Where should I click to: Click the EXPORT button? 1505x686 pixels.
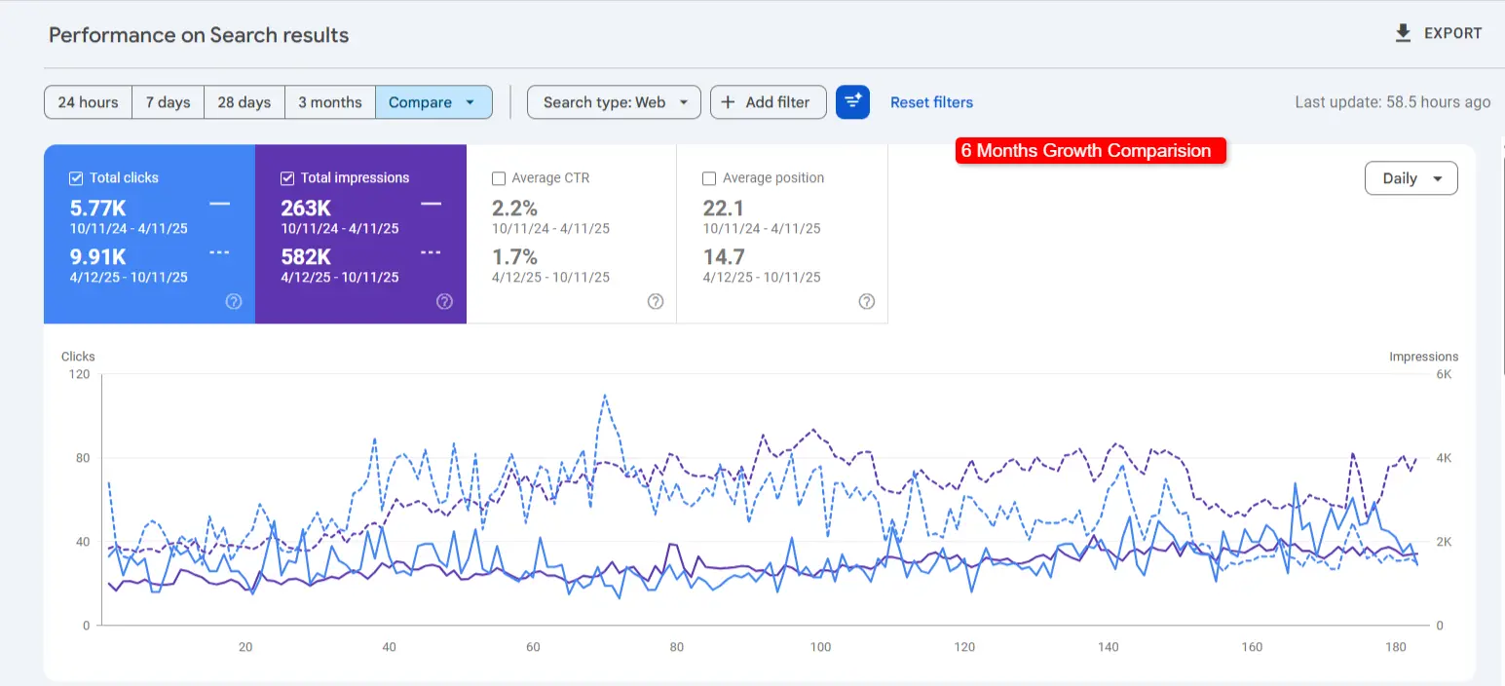click(1439, 33)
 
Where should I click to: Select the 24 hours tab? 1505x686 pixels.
click(88, 102)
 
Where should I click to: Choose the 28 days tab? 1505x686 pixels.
click(244, 102)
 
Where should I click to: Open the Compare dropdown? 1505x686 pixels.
click(433, 102)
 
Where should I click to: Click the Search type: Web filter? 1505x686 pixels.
click(614, 102)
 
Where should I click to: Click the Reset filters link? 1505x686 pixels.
click(931, 102)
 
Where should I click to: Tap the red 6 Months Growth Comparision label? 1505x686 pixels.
click(1089, 151)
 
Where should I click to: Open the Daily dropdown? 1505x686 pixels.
click(1411, 178)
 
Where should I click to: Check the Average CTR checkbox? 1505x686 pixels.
click(499, 178)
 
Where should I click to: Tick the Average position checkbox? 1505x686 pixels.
click(709, 178)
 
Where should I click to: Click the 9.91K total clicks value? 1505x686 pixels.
click(98, 257)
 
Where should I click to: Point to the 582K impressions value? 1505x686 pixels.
click(306, 257)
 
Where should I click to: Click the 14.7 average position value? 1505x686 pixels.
click(724, 257)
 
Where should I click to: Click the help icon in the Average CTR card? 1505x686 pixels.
click(656, 302)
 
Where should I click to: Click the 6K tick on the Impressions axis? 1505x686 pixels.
click(1445, 374)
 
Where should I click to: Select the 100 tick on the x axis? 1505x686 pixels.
click(820, 647)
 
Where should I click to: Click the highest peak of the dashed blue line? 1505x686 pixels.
click(605, 395)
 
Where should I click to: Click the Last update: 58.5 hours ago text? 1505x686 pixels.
click(1392, 102)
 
